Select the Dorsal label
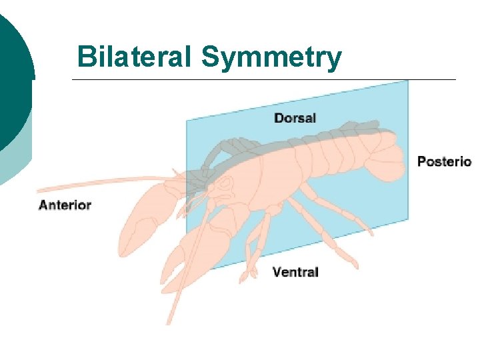pyautogui.click(x=295, y=118)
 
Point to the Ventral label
pyautogui.click(x=295, y=272)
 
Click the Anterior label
pyautogui.click(x=65, y=205)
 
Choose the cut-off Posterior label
pyautogui.click(x=444, y=161)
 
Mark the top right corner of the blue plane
pyautogui.click(x=407, y=82)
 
